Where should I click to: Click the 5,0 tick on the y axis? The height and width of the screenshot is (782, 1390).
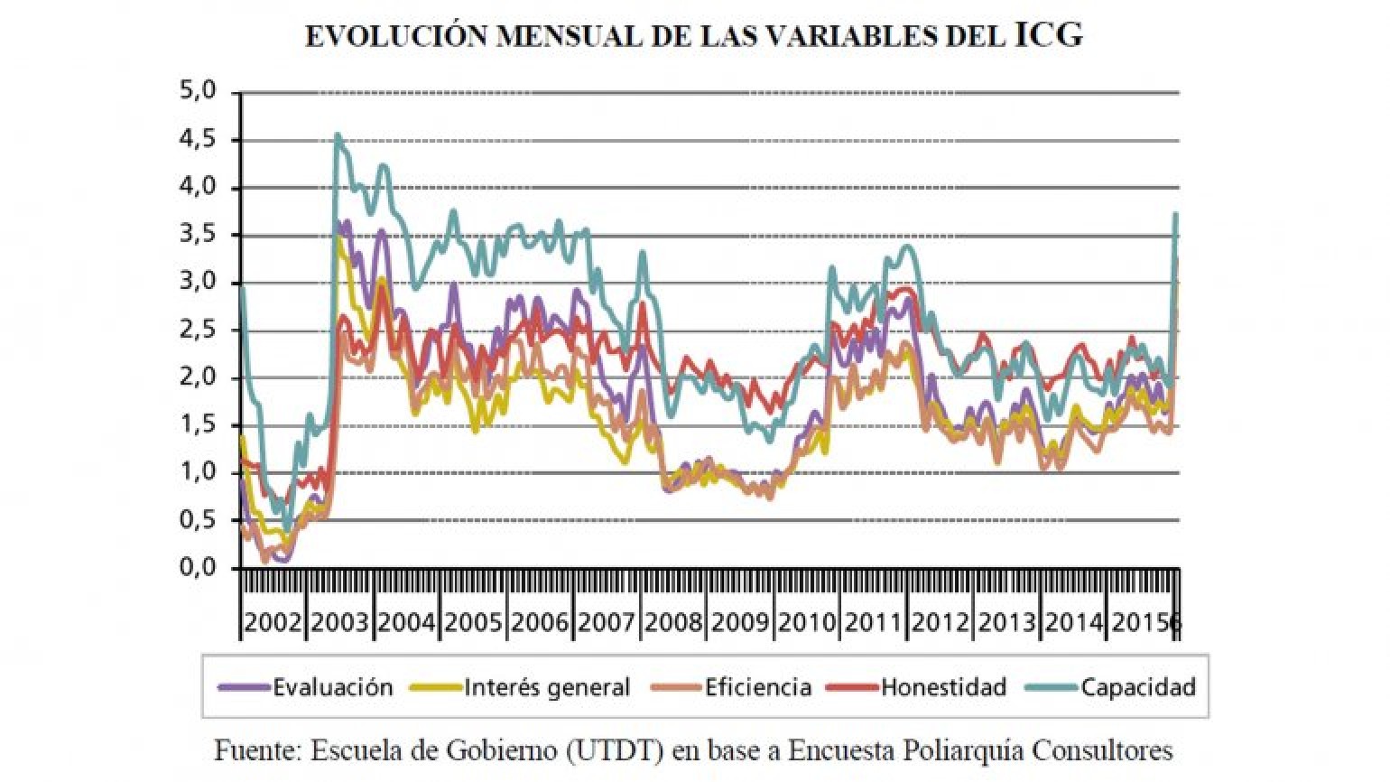tap(198, 91)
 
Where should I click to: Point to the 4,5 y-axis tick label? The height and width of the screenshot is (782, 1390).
tap(198, 140)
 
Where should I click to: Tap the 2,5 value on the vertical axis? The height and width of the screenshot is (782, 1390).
tap(198, 330)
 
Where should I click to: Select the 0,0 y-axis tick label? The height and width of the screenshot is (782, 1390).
tap(198, 568)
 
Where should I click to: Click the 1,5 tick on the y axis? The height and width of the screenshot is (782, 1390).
tap(198, 425)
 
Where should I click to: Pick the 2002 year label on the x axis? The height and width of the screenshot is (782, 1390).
tap(273, 622)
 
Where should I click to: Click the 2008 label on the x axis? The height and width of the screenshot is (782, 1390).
tap(672, 622)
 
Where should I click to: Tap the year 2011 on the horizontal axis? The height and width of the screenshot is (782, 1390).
tap(873, 622)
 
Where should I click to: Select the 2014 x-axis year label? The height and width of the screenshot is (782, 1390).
tap(1073, 622)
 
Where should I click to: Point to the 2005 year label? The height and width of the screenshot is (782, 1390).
tap(473, 622)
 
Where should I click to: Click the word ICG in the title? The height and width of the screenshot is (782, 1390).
tap(1049, 36)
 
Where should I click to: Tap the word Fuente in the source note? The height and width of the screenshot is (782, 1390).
tap(257, 750)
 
